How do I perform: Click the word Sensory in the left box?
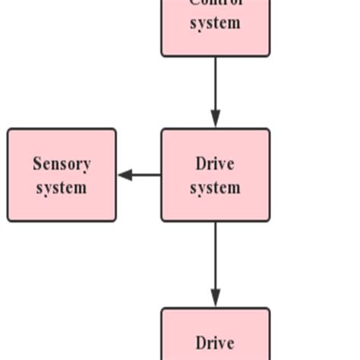tap(62, 164)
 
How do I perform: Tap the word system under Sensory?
tap(62, 187)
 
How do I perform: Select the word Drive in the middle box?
tap(215, 164)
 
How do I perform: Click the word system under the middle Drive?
tap(215, 187)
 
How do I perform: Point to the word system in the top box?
tap(215, 23)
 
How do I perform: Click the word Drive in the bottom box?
tap(215, 343)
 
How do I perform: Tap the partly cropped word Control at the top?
tap(215, 3)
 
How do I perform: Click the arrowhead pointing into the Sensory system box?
tap(125, 175)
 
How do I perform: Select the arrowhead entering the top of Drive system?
tap(215, 119)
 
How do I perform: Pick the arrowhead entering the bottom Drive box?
tap(215, 298)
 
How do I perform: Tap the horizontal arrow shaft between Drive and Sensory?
tap(147, 175)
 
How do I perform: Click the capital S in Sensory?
tap(37, 164)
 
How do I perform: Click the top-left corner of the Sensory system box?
tap(9, 130)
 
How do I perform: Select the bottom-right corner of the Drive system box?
tap(268, 220)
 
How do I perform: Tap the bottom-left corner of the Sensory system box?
tap(9, 220)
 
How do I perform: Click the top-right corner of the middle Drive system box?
tap(268, 130)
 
